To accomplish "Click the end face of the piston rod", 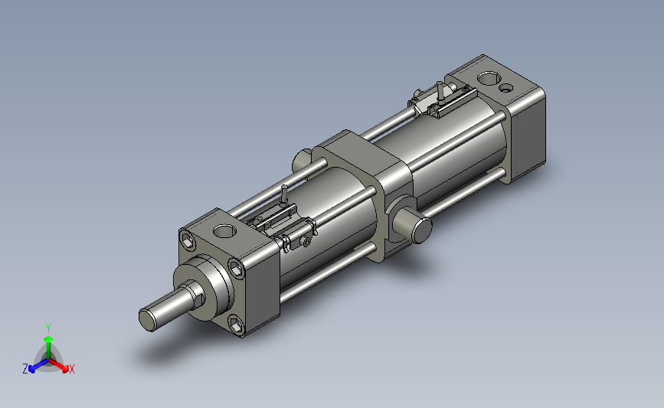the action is pos(147,320).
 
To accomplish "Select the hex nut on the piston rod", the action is pos(198,293).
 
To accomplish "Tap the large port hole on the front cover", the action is pos(224,231).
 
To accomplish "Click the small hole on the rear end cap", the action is pos(505,88).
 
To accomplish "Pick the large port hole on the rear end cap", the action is pos(489,78).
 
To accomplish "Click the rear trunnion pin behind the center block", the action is pos(302,158).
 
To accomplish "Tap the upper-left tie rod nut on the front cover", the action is pos(188,242).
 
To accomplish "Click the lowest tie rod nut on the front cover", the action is pos(237,324).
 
